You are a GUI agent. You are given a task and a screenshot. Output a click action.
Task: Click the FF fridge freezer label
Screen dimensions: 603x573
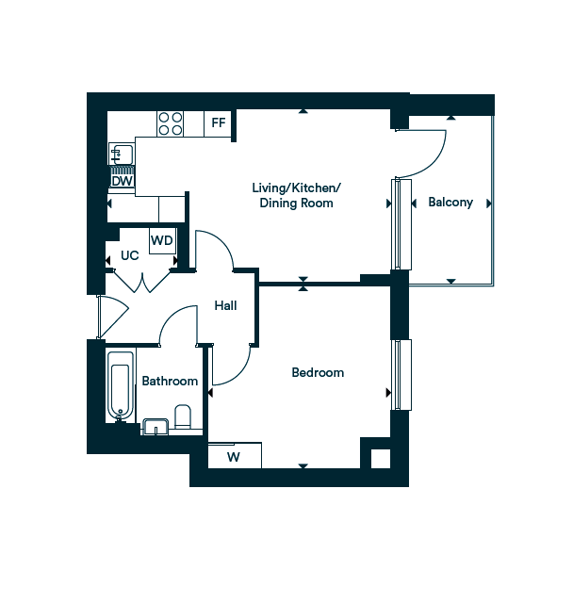tap(219, 122)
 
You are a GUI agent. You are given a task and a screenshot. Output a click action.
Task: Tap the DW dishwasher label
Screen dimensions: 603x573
tap(122, 180)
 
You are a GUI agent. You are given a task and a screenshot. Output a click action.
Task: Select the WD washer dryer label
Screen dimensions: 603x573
tap(162, 240)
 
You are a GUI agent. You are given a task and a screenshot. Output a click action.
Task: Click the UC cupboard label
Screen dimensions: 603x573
tap(130, 256)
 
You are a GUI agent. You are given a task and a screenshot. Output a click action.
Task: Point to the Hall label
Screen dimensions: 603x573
tap(225, 305)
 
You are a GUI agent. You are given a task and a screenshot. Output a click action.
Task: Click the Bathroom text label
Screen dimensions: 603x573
tap(170, 381)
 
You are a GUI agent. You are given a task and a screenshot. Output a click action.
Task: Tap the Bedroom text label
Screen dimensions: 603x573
tap(318, 373)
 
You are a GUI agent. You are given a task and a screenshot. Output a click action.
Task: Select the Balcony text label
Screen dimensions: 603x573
tap(450, 203)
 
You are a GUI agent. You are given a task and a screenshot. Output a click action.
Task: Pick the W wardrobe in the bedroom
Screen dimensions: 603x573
tap(234, 458)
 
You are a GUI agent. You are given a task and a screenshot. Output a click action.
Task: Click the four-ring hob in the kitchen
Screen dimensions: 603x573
tap(171, 123)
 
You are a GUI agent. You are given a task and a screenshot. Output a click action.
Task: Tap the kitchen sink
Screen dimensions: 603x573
tap(120, 154)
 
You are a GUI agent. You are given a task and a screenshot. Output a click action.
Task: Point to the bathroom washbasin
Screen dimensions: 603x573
tap(155, 428)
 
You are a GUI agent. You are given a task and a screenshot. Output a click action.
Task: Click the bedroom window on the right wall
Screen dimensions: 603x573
tap(402, 374)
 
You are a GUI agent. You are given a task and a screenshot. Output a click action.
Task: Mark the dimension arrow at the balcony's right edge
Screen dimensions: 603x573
tap(488, 204)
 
